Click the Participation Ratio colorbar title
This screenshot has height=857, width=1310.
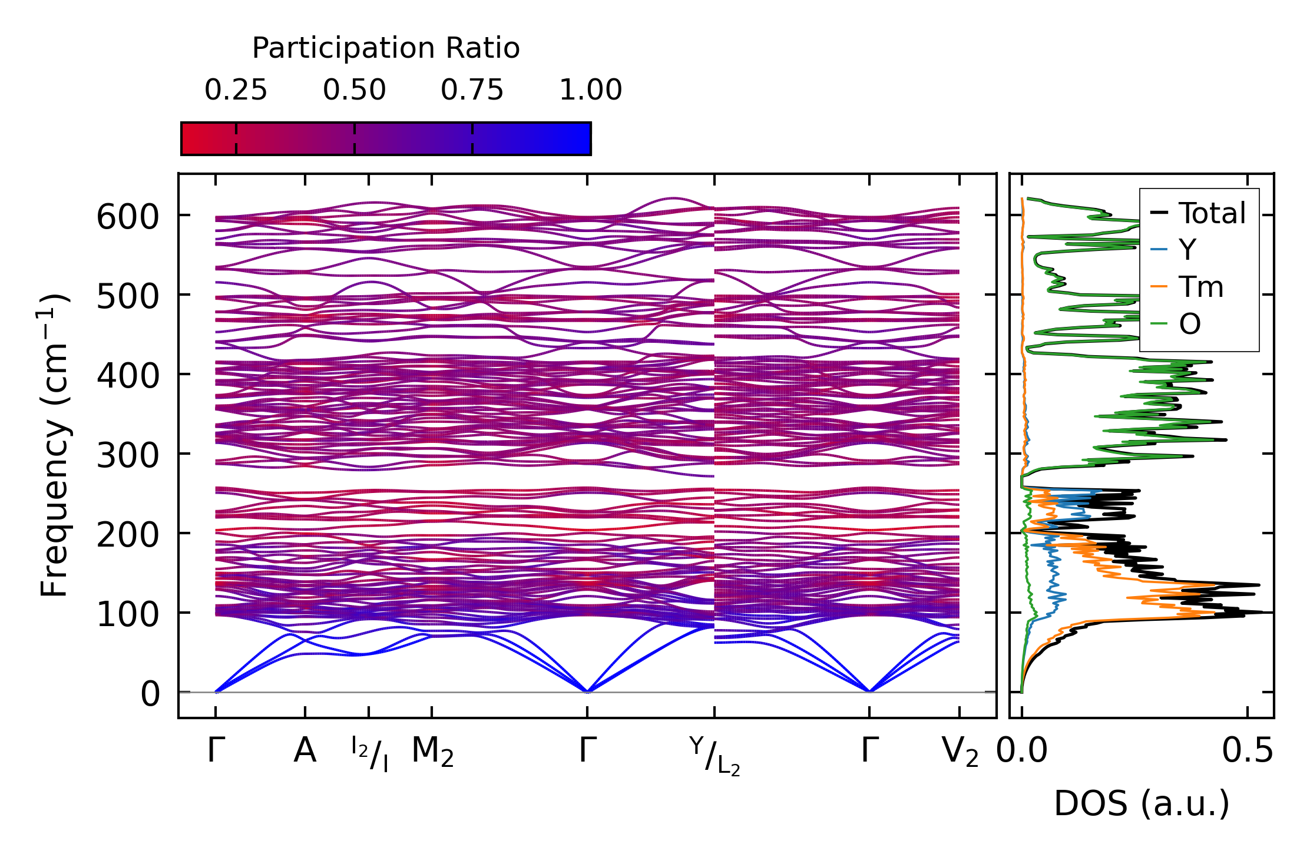(386, 48)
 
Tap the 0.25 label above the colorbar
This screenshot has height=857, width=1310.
(236, 91)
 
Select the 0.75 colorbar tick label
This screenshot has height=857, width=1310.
(472, 91)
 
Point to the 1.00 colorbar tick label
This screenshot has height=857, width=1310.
(590, 91)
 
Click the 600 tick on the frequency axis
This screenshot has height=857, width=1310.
(127, 217)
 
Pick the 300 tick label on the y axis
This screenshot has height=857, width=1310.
(127, 455)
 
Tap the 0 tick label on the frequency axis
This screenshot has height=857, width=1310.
(150, 694)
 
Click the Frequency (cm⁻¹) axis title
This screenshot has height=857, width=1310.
(54, 445)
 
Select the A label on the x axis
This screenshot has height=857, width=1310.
(305, 751)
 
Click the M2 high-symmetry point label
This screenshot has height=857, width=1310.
(432, 752)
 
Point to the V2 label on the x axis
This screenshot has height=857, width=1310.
(960, 752)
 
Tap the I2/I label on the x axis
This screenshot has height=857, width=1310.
(369, 754)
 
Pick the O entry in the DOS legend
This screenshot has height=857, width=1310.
(1189, 324)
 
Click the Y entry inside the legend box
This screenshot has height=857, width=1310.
(1187, 250)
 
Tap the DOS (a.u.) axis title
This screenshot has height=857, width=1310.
(1142, 803)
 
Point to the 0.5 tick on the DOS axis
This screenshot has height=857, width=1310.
(1247, 751)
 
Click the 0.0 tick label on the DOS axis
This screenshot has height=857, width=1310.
(1022, 751)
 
